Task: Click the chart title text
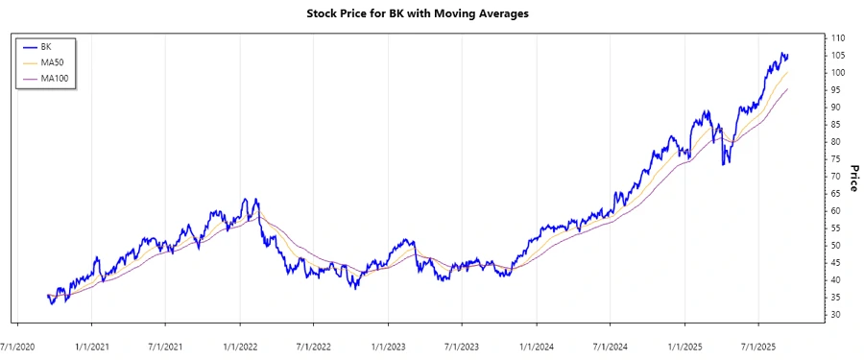click(431, 13)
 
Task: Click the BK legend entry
click(46, 46)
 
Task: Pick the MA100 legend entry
click(54, 79)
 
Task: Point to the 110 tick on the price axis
click(838, 37)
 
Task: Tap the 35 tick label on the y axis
click(837, 297)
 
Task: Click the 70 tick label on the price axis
click(837, 177)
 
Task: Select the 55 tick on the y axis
click(837, 228)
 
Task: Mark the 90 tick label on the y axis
click(837, 108)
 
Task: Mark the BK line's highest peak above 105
click(782, 53)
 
